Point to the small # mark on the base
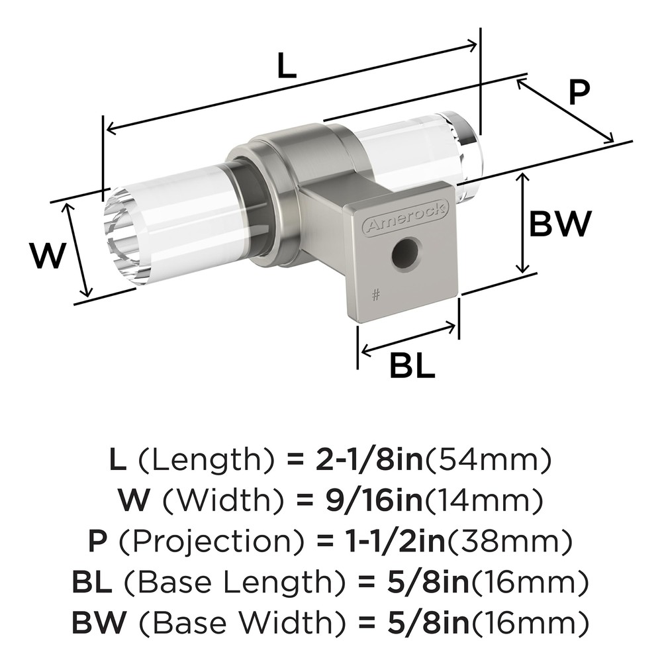point(376,295)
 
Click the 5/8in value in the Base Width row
point(429,624)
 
